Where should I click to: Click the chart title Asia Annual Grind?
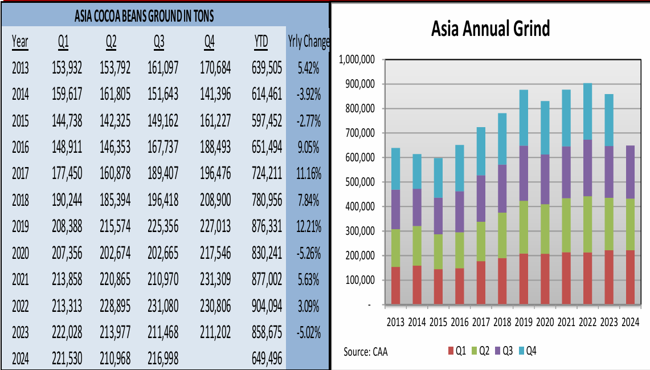(490, 29)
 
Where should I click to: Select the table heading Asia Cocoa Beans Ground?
(144, 16)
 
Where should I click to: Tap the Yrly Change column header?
(308, 42)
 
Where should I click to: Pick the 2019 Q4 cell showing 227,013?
(215, 226)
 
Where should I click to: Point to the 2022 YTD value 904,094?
(267, 306)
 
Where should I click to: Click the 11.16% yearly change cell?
(308, 173)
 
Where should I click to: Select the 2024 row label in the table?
(20, 358)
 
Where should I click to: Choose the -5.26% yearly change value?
(308, 253)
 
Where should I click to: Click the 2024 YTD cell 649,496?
(267, 358)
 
